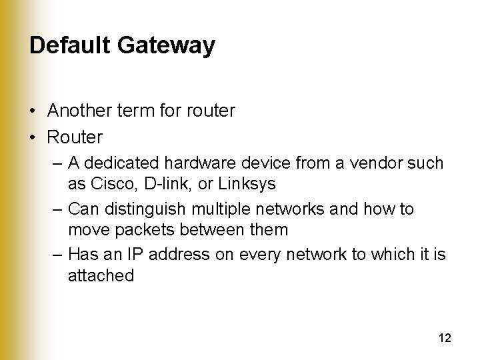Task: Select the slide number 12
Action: [x=445, y=338]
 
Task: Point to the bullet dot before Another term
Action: [x=33, y=111]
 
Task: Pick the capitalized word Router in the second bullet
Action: [x=75, y=137]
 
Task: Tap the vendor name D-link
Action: [x=157, y=183]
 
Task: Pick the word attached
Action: [x=101, y=275]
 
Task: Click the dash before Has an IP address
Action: [x=56, y=255]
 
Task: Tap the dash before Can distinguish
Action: [x=56, y=209]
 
